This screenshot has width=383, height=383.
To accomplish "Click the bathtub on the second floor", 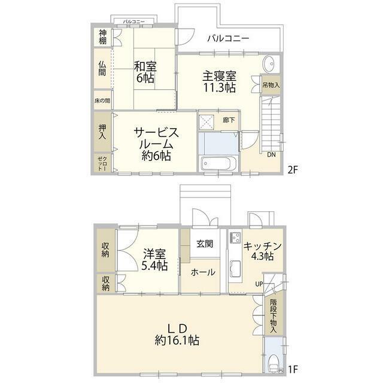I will click(218, 163).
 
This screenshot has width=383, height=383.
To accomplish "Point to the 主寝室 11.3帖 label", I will click(219, 81).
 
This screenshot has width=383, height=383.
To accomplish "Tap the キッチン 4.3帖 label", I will click(262, 251).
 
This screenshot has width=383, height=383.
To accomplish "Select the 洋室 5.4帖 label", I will click(154, 259).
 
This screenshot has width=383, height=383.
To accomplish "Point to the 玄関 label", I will click(204, 244).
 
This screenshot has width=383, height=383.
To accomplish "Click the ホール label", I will click(203, 272).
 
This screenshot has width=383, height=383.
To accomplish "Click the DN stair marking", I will click(271, 155).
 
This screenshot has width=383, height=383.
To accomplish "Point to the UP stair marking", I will click(260, 284).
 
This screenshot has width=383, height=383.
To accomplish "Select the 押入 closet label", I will click(102, 132).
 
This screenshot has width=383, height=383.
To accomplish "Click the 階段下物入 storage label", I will click(273, 315).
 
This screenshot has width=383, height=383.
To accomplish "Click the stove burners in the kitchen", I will click(235, 237).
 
